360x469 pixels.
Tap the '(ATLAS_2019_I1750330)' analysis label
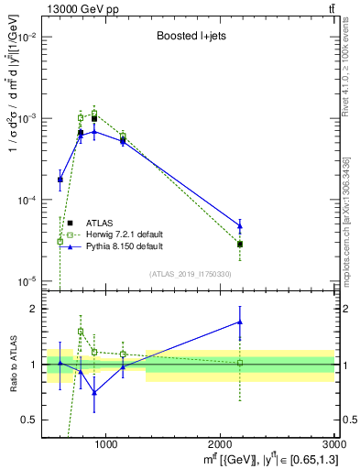point(191,274)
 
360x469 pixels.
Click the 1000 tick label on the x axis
point(105,444)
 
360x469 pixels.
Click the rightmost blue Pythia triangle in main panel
point(240,225)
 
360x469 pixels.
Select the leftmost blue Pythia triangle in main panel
point(60,180)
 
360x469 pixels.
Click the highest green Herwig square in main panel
point(94,113)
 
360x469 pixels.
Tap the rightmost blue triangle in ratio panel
point(240,322)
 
